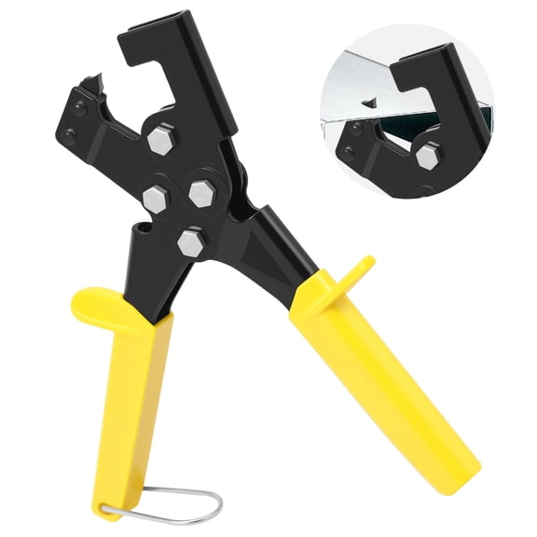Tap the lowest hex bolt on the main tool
pyautogui.click(x=191, y=243)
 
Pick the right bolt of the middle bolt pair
pyautogui.click(x=202, y=193)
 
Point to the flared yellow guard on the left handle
pyautogui.click(x=103, y=304)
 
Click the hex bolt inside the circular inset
pyautogui.click(x=428, y=157)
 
